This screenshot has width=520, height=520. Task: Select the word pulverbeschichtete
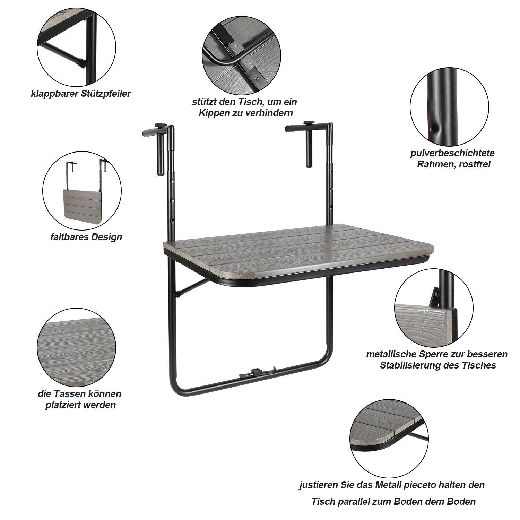click(452, 153)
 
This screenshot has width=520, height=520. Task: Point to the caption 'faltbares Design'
click(86, 237)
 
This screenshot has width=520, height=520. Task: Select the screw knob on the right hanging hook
click(308, 123)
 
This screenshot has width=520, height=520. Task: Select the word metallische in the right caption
click(391, 354)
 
